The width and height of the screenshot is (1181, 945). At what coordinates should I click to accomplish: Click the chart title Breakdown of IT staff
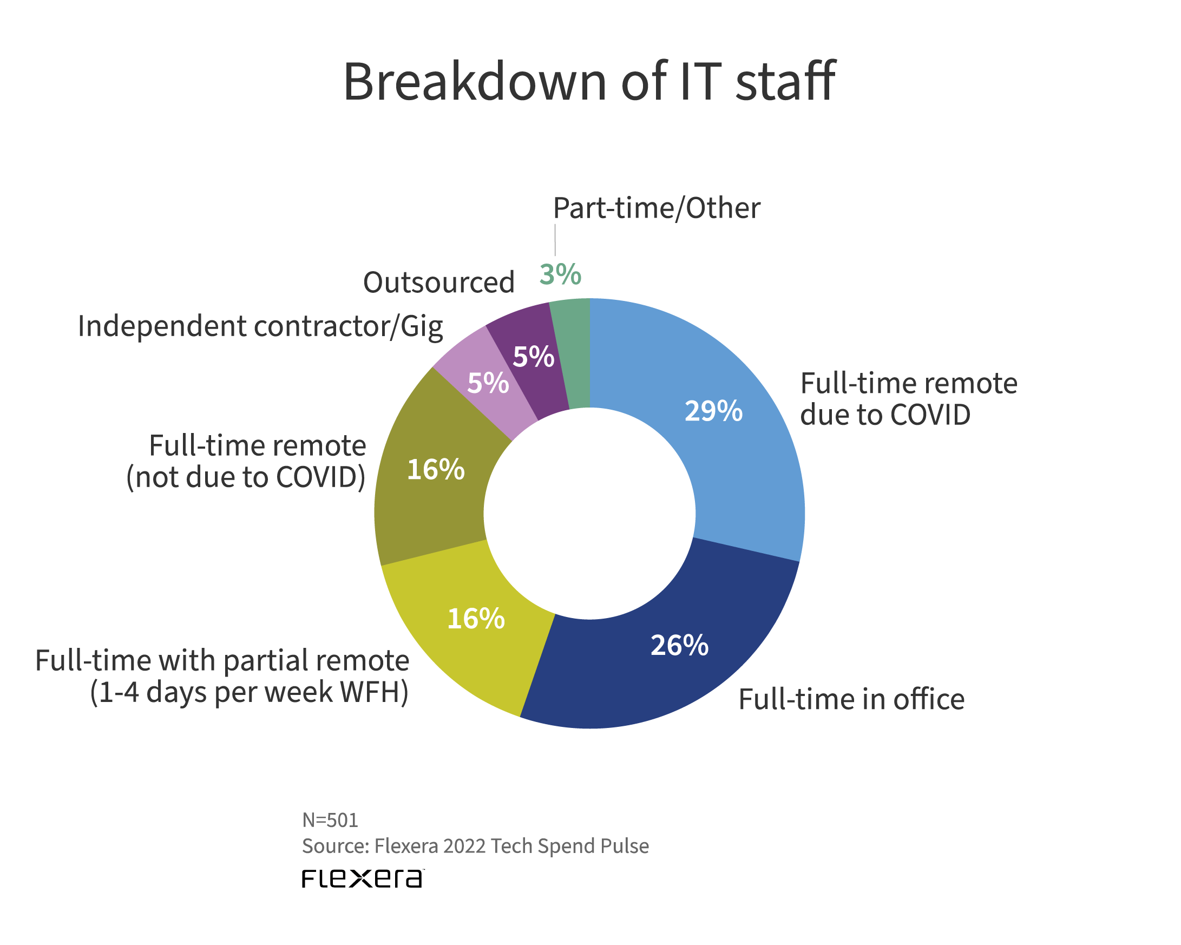pos(589,82)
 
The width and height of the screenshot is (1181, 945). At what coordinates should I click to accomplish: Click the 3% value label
pos(560,274)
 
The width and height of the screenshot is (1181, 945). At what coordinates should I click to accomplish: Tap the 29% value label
pos(713,411)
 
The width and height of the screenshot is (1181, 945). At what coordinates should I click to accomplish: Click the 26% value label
pos(679,645)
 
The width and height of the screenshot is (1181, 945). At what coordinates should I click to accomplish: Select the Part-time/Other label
pos(656,208)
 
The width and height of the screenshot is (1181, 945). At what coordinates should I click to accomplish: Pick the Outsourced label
pos(439,283)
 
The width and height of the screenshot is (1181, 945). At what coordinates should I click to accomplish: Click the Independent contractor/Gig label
pos(260,326)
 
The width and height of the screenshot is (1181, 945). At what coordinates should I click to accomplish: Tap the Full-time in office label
pos(851,700)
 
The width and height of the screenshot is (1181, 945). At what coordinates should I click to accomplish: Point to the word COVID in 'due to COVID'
pos(930,415)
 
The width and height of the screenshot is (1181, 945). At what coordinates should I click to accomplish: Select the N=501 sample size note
pos(330,820)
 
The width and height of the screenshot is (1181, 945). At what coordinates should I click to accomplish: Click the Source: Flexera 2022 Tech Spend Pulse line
pos(475,846)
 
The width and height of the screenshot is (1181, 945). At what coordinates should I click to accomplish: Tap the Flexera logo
pos(363,878)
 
